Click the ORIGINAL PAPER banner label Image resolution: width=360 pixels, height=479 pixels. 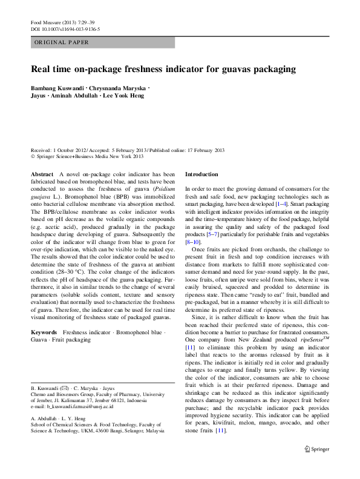click(62, 42)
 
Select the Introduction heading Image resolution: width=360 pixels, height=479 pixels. click(205, 174)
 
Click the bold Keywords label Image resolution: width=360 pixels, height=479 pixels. click(44, 333)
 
